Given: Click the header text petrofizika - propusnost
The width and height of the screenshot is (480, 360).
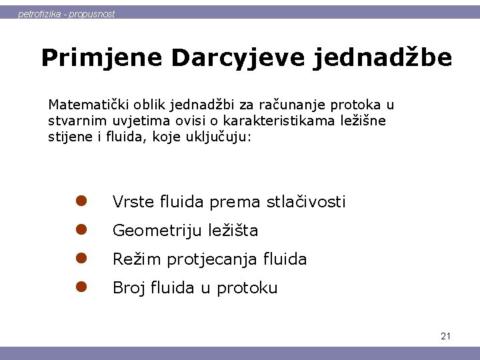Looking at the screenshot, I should [66, 13].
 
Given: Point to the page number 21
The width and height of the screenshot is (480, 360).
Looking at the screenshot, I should [445, 336].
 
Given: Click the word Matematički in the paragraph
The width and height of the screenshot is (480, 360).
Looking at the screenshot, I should [83, 105].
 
